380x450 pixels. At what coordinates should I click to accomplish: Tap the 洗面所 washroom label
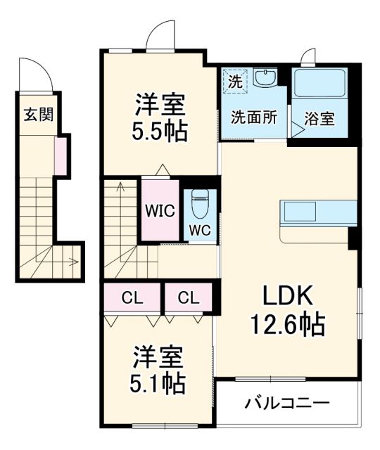254,118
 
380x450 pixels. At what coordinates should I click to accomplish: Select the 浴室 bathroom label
320,119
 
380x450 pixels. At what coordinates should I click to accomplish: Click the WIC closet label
158,210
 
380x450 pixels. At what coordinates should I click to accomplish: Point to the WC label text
198,230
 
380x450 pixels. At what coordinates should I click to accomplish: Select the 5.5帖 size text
160,131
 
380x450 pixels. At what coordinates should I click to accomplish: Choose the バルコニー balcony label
286,404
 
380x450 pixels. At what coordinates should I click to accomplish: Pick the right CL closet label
188,298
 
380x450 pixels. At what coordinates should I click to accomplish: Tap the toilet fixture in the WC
198,204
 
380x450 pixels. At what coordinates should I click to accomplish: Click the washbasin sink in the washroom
266,77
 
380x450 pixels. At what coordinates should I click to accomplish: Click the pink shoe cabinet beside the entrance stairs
61,156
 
